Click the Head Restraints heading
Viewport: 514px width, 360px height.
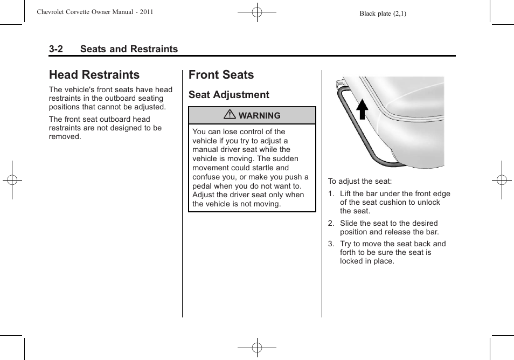pos(94,75)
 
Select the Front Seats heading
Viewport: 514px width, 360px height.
pos(221,75)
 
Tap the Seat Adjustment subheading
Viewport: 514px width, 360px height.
pos(228,95)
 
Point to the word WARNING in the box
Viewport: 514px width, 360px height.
pos(260,116)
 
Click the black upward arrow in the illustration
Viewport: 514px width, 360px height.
pos(362,109)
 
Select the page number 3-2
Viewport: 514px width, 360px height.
pos(56,49)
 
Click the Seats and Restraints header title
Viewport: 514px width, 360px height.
pos(129,49)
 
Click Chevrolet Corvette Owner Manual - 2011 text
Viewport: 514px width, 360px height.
pos(95,12)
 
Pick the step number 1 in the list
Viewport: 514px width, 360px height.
pos(331,194)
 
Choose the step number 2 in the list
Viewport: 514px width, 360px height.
pos(331,224)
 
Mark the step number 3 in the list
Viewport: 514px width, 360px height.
pos(331,244)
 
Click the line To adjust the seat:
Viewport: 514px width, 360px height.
pos(360,182)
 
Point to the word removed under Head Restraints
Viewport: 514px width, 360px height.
pos(65,137)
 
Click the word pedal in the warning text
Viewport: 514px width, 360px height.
pos(203,186)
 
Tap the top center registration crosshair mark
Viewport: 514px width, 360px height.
pos(257,12)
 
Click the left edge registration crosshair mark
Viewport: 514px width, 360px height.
pos(12,180)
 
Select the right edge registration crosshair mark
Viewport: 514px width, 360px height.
pos(502,180)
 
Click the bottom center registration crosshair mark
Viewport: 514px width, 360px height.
pos(257,348)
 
